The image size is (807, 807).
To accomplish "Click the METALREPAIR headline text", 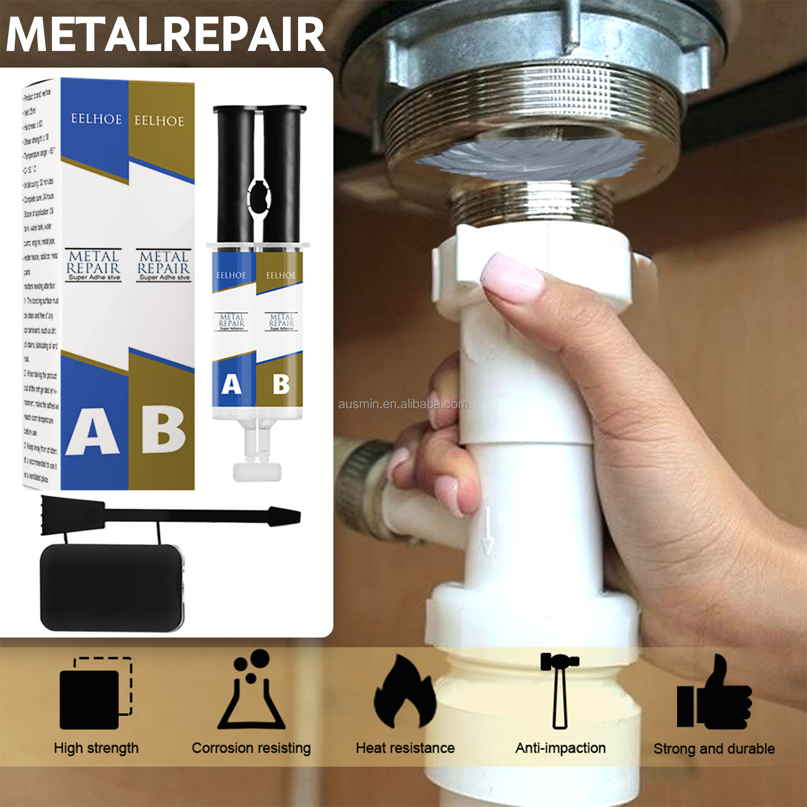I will coord(165,34).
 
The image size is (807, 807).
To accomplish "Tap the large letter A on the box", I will coord(93,432).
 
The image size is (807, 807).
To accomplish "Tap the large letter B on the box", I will coord(163,429).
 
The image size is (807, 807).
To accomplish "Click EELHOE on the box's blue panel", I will coord(96,119).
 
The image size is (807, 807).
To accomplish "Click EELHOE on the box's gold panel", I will coord(159,121).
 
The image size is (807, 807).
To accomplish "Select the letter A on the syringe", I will coord(232,384).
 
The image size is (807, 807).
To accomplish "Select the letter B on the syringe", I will coord(281,384).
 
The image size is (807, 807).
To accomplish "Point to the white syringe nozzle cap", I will coord(257,472).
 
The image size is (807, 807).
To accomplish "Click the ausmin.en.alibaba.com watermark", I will coord(403,404).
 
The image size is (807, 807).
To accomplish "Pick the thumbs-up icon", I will coord(714,694).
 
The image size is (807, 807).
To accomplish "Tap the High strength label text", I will coord(96,748).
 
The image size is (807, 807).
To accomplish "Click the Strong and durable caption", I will coord(714,748).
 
